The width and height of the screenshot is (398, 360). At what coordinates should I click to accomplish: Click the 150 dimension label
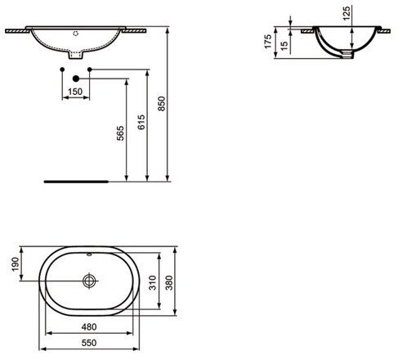click(75, 92)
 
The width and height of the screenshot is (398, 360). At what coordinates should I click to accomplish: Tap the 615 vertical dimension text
click(141, 122)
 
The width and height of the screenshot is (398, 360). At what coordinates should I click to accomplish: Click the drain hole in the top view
click(88, 280)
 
